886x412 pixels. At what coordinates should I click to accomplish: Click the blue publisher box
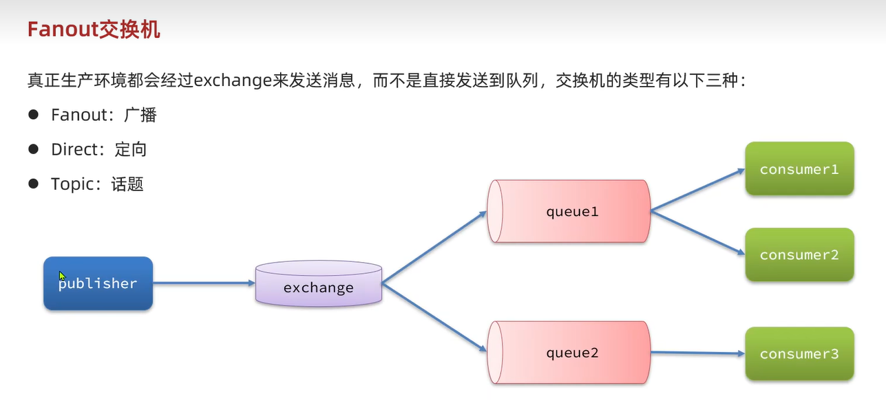(98, 283)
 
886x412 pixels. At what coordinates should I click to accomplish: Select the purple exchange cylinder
(318, 283)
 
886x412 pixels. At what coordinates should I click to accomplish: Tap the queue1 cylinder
(569, 211)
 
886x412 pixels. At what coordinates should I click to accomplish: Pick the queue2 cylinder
(569, 353)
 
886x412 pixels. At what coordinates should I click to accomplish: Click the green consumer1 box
(799, 169)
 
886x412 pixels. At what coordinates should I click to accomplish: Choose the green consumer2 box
(799, 254)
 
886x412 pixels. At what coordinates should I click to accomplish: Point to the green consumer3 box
(799, 354)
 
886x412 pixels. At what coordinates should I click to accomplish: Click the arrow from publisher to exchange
(204, 283)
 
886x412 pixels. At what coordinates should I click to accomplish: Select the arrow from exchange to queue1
(434, 247)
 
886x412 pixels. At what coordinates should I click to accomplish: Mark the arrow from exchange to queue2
(434, 317)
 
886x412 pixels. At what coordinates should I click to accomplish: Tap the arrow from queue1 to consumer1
(697, 189)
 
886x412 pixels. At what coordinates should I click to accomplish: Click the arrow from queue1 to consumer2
(697, 232)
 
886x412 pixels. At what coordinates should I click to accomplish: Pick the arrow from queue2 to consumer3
(697, 353)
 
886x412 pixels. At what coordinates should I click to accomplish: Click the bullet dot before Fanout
(33, 114)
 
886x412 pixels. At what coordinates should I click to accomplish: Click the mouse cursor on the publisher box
(62, 275)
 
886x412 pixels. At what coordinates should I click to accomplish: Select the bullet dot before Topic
(33, 184)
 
